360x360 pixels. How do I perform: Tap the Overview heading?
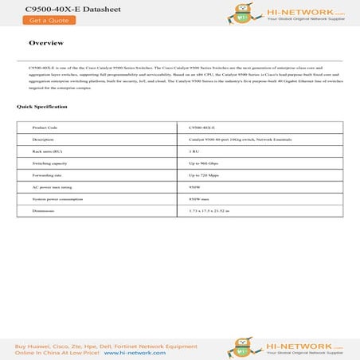[x=46, y=43]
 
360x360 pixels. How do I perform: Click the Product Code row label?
[x=45, y=127]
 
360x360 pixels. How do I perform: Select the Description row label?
[x=43, y=139]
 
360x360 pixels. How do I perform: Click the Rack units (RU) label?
[x=47, y=151]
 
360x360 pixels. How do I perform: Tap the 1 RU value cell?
[x=194, y=151]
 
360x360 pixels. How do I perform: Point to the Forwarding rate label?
[x=46, y=174]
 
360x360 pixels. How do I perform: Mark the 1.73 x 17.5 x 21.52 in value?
[x=210, y=210]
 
